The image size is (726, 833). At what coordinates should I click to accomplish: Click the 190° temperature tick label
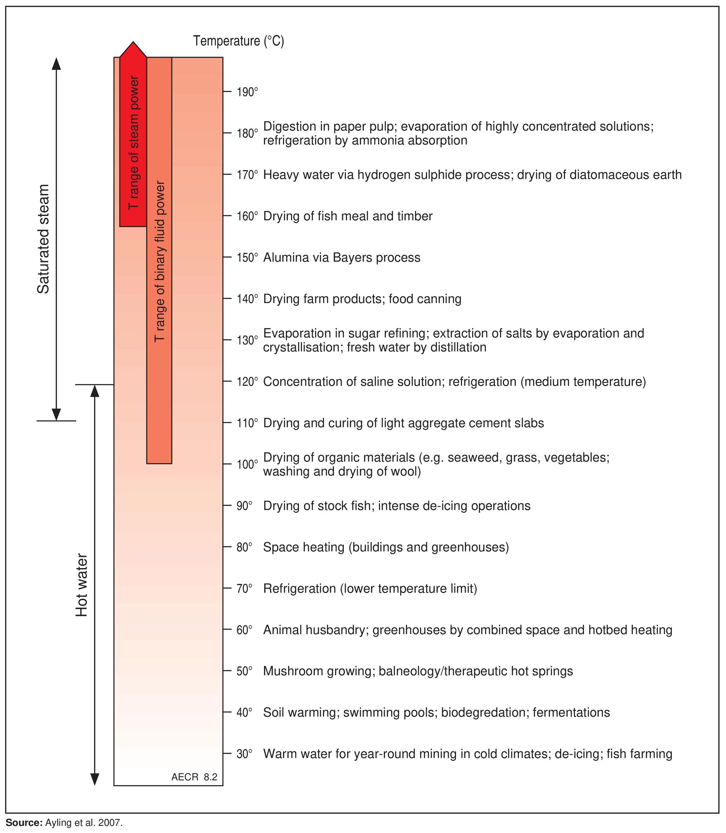(247, 92)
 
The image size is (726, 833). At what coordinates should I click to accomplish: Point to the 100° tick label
(247, 464)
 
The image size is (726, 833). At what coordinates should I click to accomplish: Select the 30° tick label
(245, 754)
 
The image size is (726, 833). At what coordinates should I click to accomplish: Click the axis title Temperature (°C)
(239, 41)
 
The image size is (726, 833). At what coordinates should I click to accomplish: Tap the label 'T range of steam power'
(133, 142)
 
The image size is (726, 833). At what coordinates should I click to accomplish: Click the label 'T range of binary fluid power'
(159, 262)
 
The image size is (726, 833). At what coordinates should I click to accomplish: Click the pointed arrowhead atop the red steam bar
(133, 49)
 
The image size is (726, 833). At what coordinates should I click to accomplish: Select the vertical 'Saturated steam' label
(43, 239)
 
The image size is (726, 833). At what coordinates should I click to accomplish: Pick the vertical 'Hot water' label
(82, 585)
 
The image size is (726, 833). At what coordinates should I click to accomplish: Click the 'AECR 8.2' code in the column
(194, 777)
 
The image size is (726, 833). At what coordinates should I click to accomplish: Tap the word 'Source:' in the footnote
(24, 823)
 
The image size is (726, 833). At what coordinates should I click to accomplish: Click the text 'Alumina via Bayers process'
(342, 258)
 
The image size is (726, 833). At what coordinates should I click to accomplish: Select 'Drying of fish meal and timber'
(348, 216)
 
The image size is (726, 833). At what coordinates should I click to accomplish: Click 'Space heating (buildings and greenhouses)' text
(386, 547)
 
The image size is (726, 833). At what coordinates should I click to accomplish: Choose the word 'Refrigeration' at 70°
(300, 589)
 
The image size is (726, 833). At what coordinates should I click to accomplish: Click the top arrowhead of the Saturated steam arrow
(56, 63)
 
